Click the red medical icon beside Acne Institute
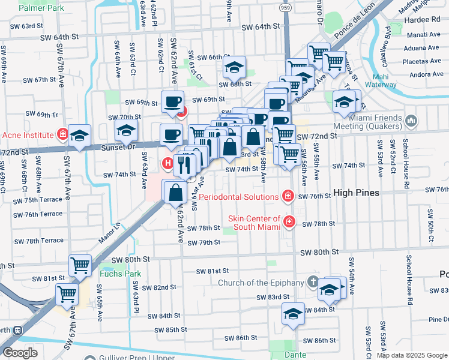61,134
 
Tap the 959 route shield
285,8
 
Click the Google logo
20,353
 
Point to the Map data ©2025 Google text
412,355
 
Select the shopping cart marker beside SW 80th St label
80,264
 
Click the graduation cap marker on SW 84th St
292,314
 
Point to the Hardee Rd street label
424,19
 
